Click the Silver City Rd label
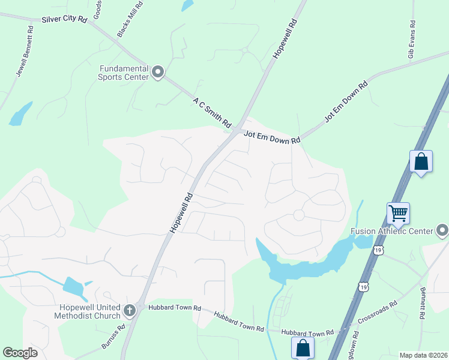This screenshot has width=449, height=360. click(x=65, y=20)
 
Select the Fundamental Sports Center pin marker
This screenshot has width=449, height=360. click(x=158, y=73)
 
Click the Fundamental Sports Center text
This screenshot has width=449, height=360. click(x=125, y=73)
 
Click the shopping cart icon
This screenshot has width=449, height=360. click(x=398, y=213)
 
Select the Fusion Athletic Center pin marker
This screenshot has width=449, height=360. click(x=442, y=230)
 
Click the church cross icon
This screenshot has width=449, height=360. click(x=130, y=310)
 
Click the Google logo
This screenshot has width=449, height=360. click(x=20, y=353)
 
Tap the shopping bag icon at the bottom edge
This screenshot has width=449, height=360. click(x=303, y=347)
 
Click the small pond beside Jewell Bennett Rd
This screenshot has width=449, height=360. click(x=21, y=113)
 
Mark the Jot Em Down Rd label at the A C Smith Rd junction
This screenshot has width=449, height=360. click(x=272, y=139)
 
